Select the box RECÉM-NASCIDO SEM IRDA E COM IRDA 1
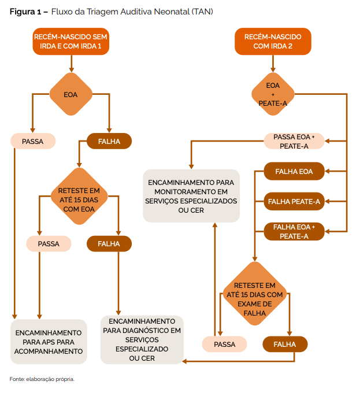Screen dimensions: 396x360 pos(70,41)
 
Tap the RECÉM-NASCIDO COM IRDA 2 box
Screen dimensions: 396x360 pos(272,41)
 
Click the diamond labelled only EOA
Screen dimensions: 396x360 pos(70,94)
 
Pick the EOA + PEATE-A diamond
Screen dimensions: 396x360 pos(273,94)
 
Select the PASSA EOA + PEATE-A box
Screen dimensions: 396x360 pos(294,141)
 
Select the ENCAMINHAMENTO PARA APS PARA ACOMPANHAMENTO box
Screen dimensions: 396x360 pos(49,342)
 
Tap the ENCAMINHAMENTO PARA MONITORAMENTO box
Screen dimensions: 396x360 pos(191,196)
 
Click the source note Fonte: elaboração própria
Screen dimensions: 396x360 pos(42,379)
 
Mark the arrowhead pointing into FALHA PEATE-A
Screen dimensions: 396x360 pos(326,202)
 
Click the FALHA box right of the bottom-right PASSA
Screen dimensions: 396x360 pos(285,345)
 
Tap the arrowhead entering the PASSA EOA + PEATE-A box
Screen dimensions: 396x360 pos(326,141)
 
